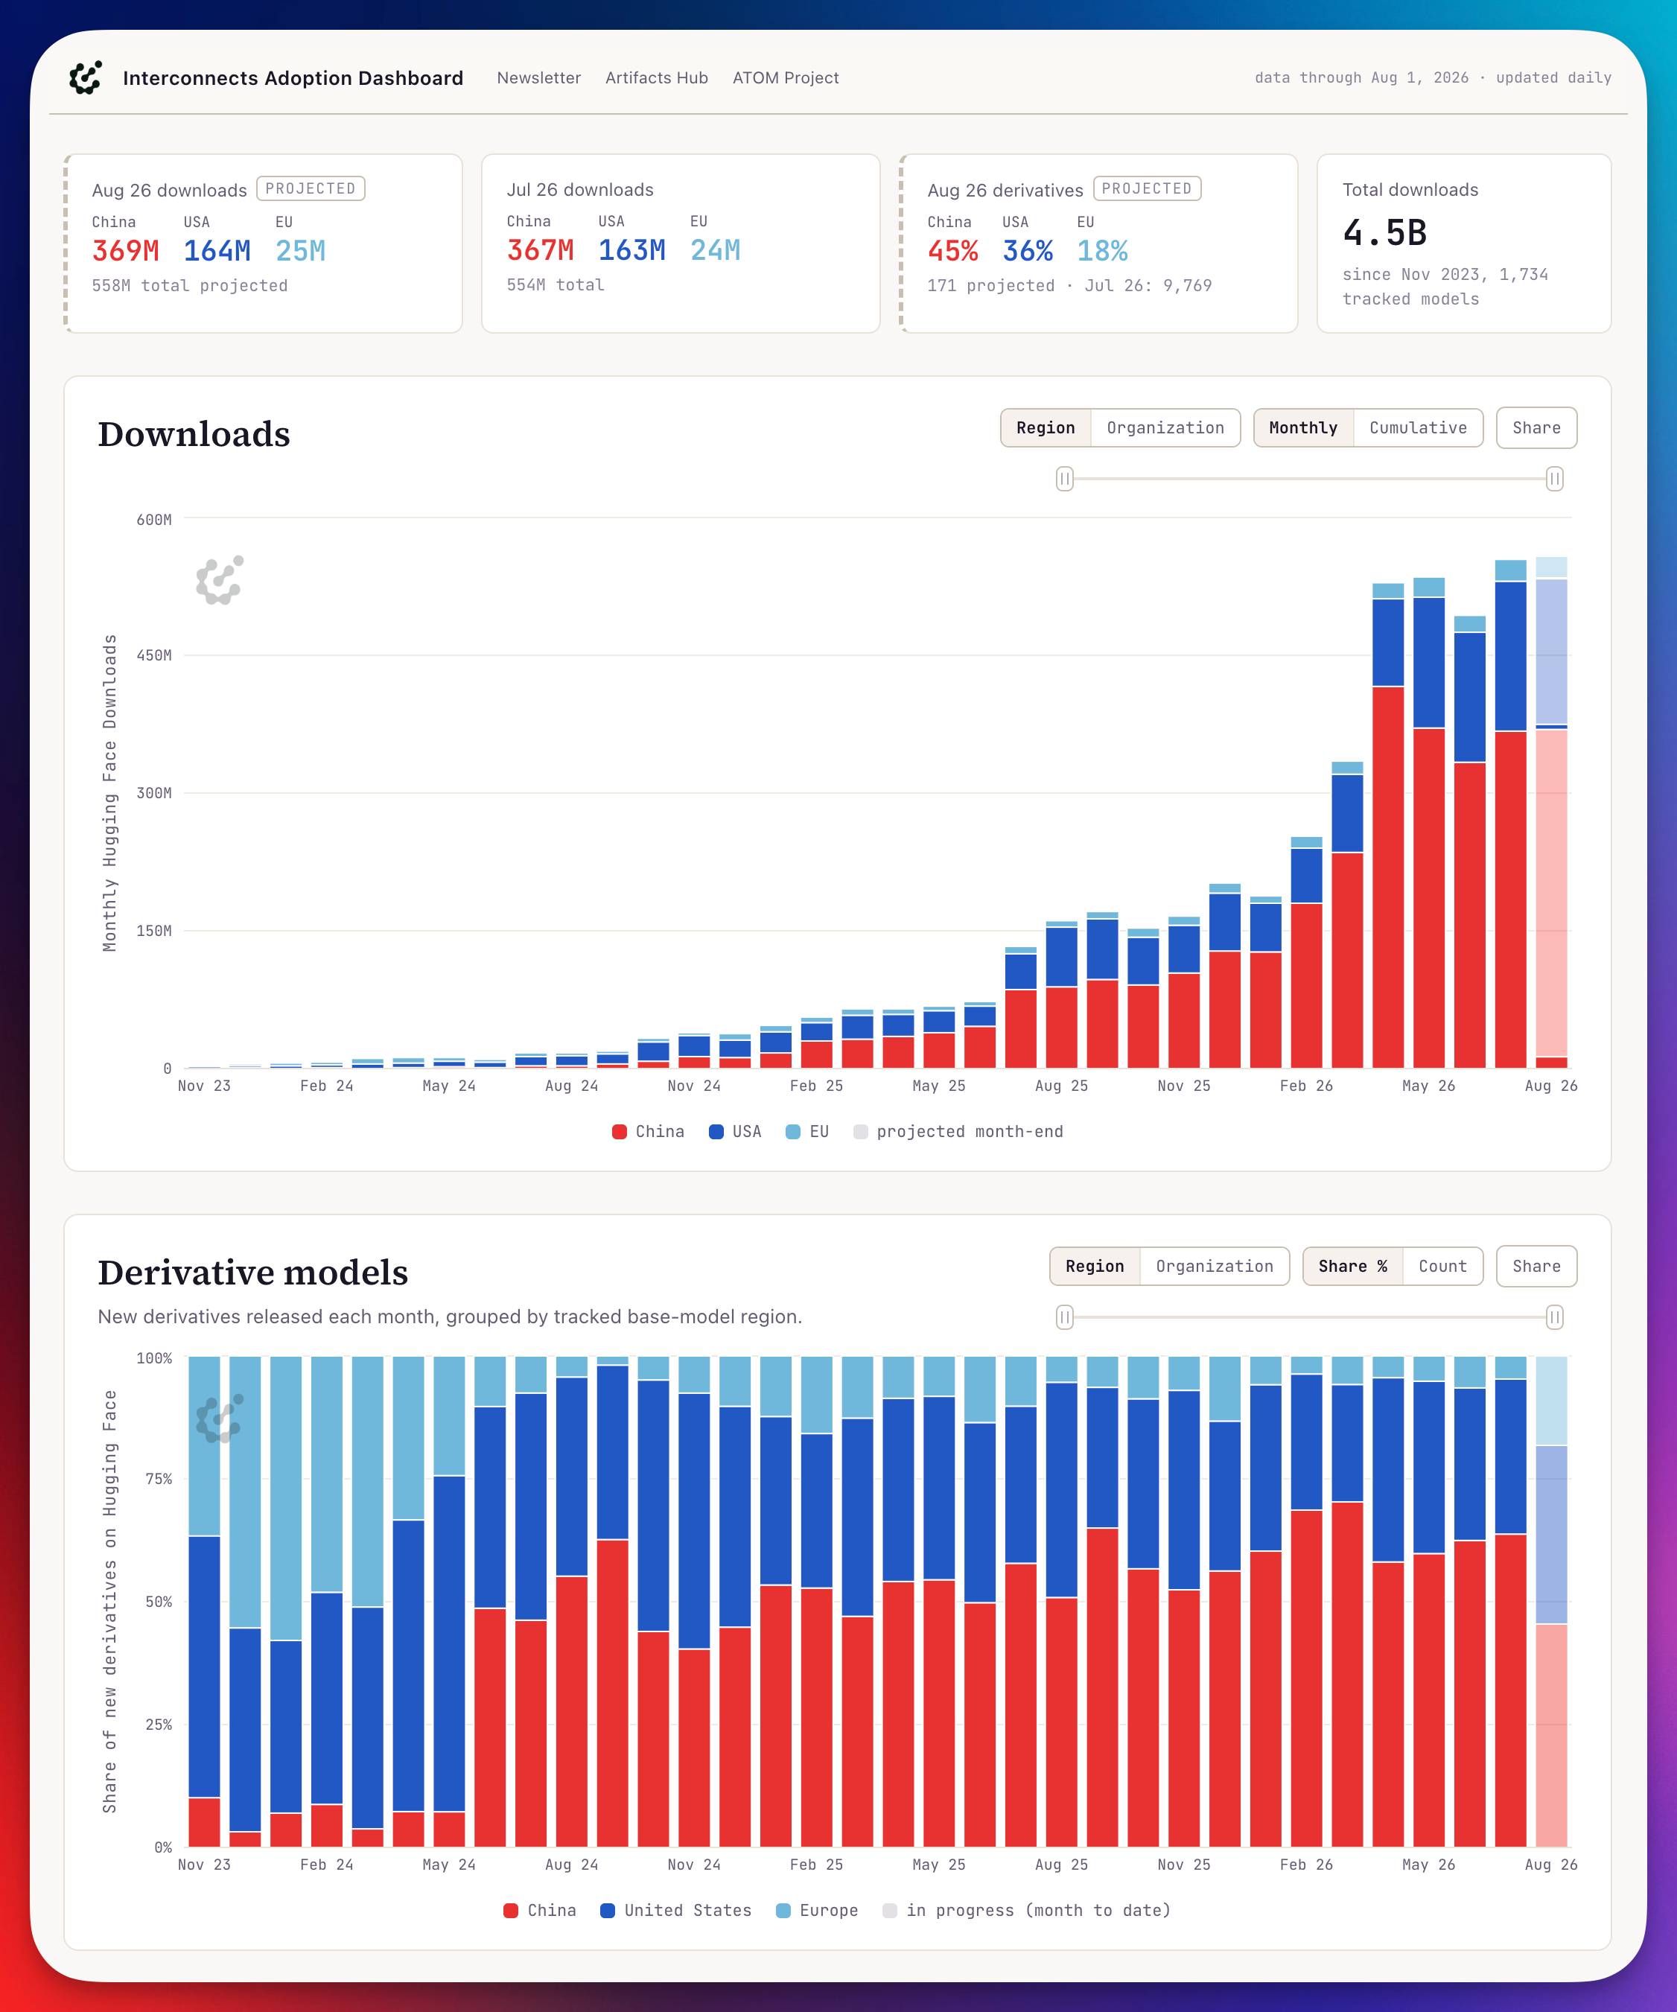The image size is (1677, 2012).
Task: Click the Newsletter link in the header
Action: click(x=538, y=77)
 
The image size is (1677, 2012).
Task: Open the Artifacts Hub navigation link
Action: click(x=656, y=77)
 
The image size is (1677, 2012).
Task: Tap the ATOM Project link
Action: click(x=786, y=77)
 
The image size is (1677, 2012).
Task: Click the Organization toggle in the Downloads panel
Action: click(x=1165, y=427)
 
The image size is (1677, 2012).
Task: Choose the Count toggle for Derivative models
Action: click(x=1442, y=1266)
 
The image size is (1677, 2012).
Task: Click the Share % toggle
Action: click(x=1352, y=1266)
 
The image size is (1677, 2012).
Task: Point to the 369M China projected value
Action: click(x=126, y=251)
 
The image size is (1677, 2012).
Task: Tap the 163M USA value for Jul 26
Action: click(x=631, y=250)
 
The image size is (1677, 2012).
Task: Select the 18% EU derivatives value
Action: click(x=1102, y=251)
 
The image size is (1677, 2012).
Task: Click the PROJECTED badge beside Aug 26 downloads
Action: click(x=311, y=188)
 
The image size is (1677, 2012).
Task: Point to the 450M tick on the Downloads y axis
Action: click(x=154, y=655)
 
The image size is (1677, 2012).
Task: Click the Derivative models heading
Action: click(x=253, y=1273)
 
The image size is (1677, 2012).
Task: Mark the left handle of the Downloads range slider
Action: click(x=1065, y=478)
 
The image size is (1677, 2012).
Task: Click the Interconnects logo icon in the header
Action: click(x=86, y=77)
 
